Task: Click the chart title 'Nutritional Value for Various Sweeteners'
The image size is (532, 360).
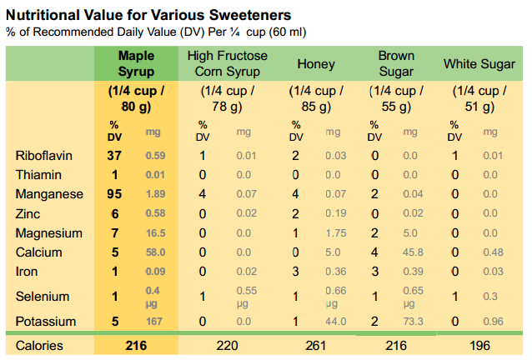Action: [x=148, y=13]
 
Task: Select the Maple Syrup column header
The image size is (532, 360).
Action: [x=136, y=64]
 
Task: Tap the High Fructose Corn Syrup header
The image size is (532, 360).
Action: [x=228, y=64]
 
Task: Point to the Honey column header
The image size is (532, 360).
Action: [x=316, y=64]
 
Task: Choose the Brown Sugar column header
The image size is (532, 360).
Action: [x=396, y=64]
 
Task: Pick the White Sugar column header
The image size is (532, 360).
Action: [x=479, y=64]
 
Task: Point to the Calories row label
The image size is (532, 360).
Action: [x=39, y=346]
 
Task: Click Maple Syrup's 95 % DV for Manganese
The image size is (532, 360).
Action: [x=114, y=193]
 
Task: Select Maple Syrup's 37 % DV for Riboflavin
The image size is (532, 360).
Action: [x=114, y=155]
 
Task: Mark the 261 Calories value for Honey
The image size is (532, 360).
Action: [x=316, y=346]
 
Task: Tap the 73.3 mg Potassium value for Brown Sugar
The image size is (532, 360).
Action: [x=410, y=322]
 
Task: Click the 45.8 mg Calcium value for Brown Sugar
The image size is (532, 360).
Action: [x=410, y=252]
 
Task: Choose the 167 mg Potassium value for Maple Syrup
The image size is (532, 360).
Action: [x=155, y=322]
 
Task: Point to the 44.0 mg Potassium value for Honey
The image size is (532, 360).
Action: [x=336, y=322]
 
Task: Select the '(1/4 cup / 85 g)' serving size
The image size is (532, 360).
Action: [x=316, y=98]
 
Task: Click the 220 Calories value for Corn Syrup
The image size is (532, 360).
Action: [x=227, y=346]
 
